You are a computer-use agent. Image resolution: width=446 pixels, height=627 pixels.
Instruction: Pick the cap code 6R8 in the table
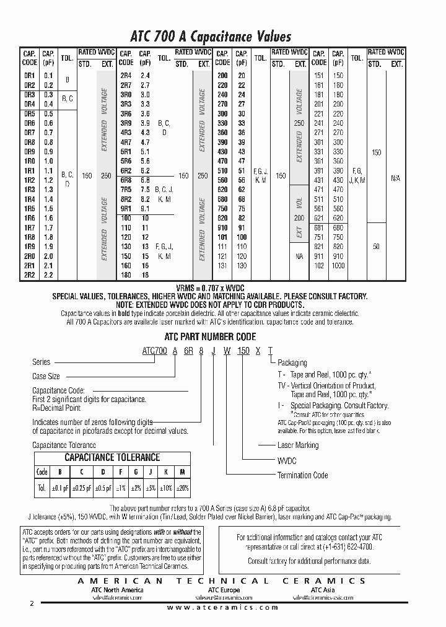[126, 180]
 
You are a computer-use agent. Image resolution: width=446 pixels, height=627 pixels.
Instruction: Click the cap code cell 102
[319, 265]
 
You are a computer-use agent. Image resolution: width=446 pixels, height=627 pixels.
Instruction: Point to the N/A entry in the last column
[396, 178]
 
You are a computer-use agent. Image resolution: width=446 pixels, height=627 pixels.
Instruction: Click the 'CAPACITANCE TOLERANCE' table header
[113, 457]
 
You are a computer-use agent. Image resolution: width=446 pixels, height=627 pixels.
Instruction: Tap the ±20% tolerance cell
[181, 488]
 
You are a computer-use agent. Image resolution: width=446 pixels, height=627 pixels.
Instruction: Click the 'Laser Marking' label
[297, 445]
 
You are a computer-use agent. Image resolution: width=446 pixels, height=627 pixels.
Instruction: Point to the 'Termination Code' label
[303, 475]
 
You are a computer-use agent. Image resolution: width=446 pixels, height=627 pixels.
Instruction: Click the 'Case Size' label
[46, 376]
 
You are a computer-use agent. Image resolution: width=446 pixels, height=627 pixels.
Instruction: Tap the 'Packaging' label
[292, 363]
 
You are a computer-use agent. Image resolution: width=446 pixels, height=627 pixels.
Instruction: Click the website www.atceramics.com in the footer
[223, 608]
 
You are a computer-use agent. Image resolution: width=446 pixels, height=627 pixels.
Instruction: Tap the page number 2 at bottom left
[32, 603]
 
